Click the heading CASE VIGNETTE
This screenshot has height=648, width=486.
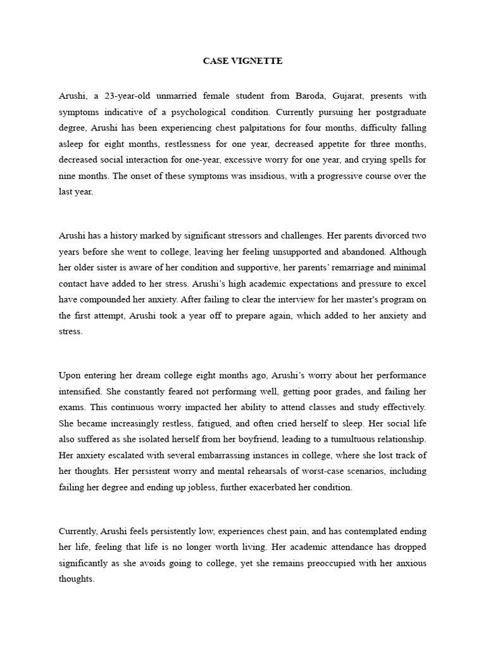pos(242,61)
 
